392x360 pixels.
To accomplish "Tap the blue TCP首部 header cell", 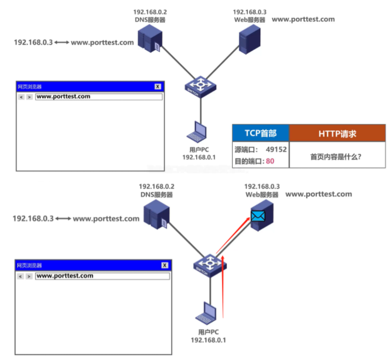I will click(x=261, y=133).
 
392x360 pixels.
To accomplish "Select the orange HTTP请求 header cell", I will click(x=337, y=133).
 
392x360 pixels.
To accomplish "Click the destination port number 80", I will click(x=270, y=160).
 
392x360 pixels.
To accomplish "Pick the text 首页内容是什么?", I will click(x=335, y=157).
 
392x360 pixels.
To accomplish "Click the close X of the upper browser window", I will click(x=157, y=86).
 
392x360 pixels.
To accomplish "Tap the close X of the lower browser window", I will click(x=165, y=266).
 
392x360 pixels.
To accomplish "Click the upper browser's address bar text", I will click(x=64, y=97).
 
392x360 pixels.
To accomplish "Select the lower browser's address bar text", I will click(x=65, y=276).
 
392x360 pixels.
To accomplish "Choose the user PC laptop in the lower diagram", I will click(x=207, y=312).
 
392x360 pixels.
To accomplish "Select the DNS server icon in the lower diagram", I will click(x=157, y=214).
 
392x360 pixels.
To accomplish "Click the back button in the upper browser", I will click(x=21, y=97).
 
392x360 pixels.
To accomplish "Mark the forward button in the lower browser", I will click(x=29, y=276).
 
